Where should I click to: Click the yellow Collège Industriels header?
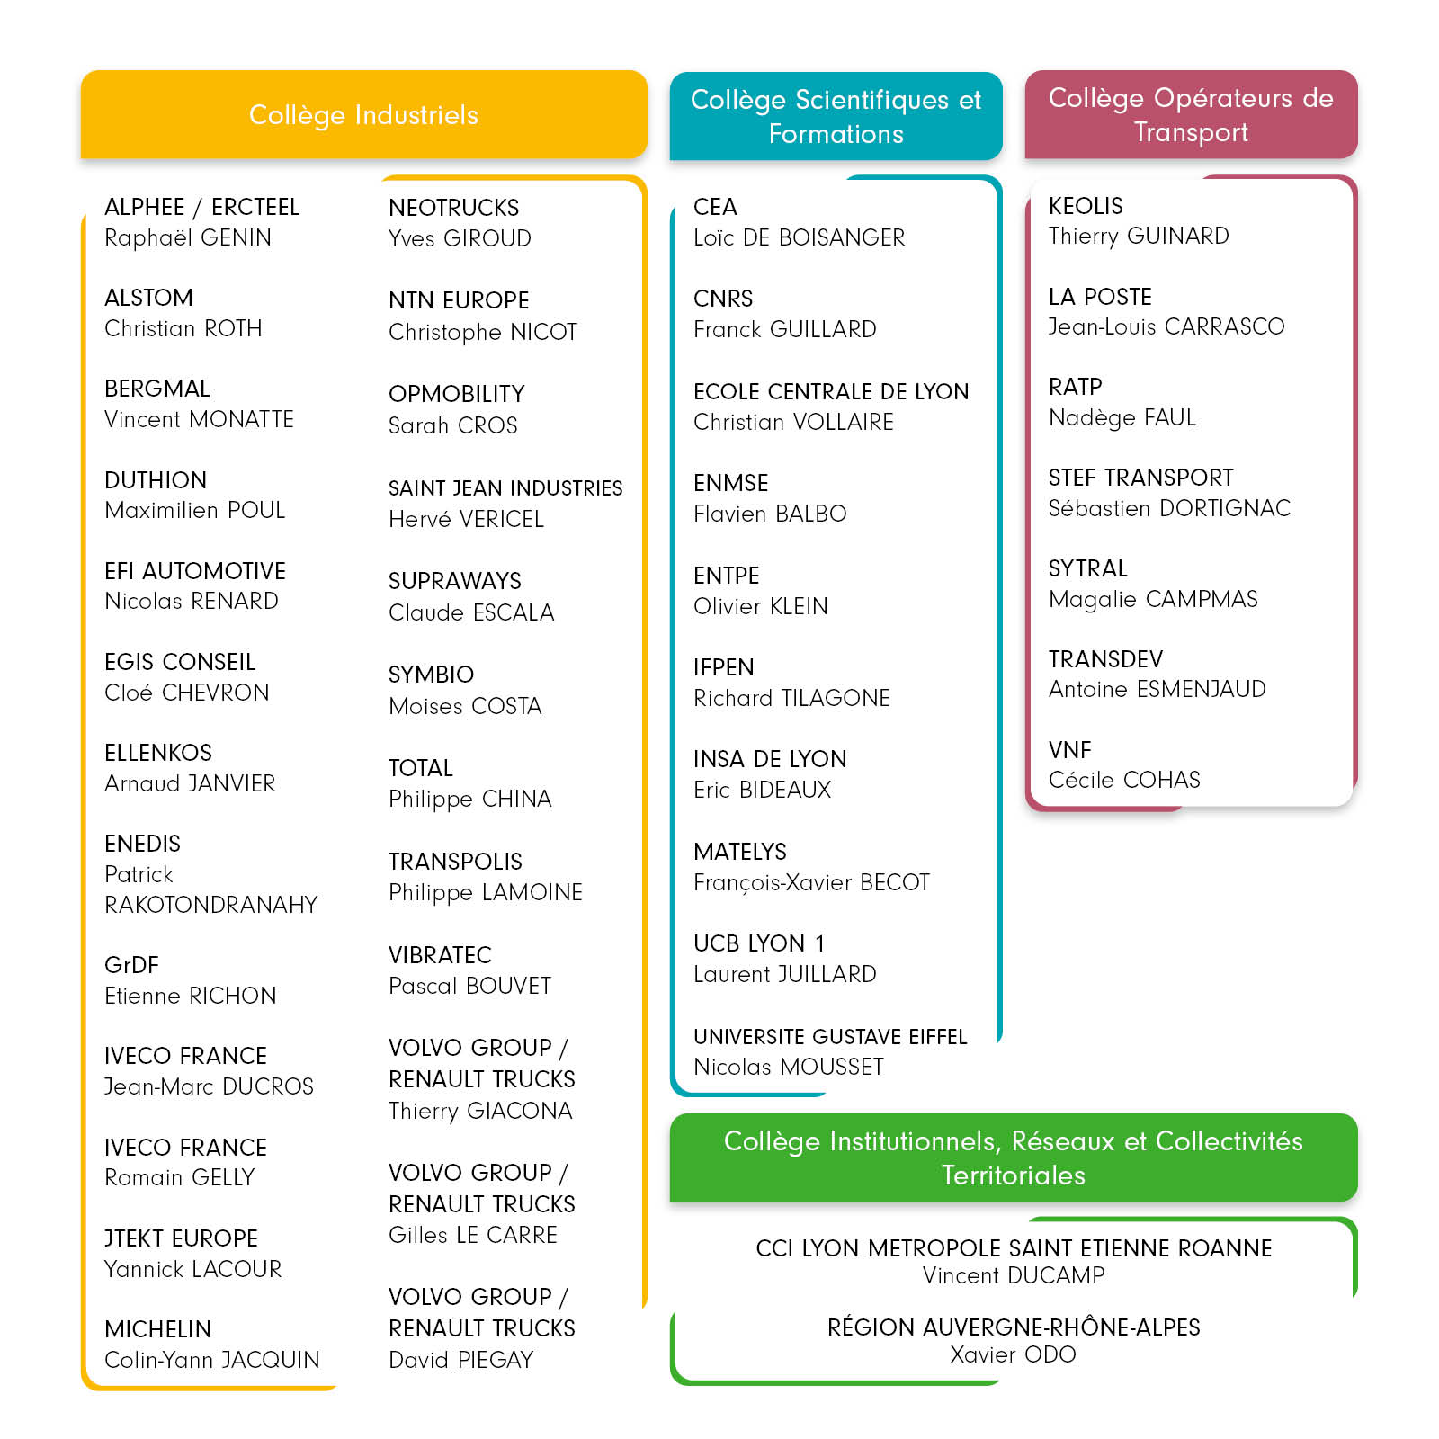[x=363, y=115]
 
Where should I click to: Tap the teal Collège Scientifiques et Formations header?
[x=836, y=116]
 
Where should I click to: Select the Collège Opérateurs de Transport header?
[x=1191, y=114]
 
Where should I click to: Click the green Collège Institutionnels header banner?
[x=1013, y=1157]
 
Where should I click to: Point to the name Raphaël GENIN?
[x=188, y=237]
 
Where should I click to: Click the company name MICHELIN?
[x=158, y=1329]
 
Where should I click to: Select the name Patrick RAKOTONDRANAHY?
[x=210, y=889]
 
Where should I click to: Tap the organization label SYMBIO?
[x=431, y=675]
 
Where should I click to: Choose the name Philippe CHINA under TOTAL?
[x=469, y=799]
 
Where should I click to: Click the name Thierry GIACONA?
[x=480, y=1111]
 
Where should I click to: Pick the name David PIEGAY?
[x=460, y=1360]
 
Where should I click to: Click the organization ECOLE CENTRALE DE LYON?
[x=831, y=391]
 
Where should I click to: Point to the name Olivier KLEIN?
[x=760, y=606]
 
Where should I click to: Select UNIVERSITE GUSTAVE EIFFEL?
[x=830, y=1037]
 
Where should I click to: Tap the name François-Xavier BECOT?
[x=811, y=882]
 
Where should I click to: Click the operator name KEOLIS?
[x=1086, y=206]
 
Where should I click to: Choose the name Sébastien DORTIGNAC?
[x=1169, y=508]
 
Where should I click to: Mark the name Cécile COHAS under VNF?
[x=1124, y=780]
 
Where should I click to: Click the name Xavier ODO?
[x=1013, y=1354]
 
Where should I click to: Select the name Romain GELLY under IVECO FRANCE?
[x=180, y=1177]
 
